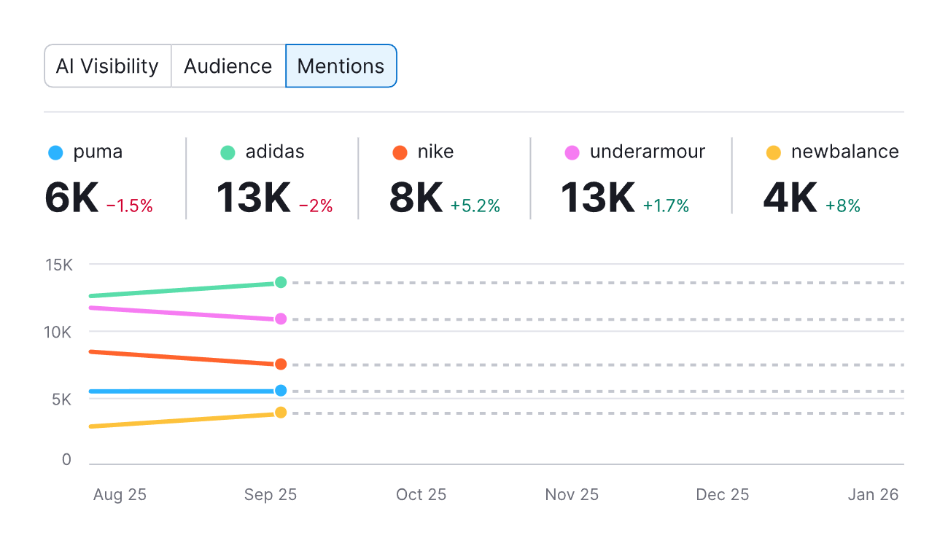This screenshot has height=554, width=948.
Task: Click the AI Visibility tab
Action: [x=107, y=66]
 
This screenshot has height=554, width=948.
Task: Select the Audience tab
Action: [x=228, y=66]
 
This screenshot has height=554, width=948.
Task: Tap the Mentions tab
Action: [x=341, y=66]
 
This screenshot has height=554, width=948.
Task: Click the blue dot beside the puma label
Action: [x=55, y=152]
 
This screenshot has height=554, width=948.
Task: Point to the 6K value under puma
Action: [x=71, y=198]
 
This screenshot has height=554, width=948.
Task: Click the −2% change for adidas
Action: [x=316, y=206]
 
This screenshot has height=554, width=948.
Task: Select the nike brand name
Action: [x=435, y=152]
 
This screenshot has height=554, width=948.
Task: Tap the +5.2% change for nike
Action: [x=475, y=206]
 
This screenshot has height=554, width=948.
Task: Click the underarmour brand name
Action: [x=648, y=152]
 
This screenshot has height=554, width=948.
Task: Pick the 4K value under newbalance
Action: [x=790, y=198]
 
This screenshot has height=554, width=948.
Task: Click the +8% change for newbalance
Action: [x=843, y=206]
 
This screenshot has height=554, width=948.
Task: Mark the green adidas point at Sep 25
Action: [x=281, y=282]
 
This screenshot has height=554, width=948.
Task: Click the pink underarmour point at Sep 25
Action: [x=281, y=319]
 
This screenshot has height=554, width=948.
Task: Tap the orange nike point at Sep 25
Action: [x=281, y=364]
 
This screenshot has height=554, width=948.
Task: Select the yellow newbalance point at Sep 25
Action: [x=281, y=413]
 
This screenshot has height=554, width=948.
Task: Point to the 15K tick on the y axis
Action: [x=58, y=265]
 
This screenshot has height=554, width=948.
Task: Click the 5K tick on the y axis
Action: [x=61, y=399]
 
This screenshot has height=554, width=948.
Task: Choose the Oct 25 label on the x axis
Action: [x=421, y=494]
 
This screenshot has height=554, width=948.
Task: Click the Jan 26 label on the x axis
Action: [x=873, y=494]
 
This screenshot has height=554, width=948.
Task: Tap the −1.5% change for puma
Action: [x=130, y=206]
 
